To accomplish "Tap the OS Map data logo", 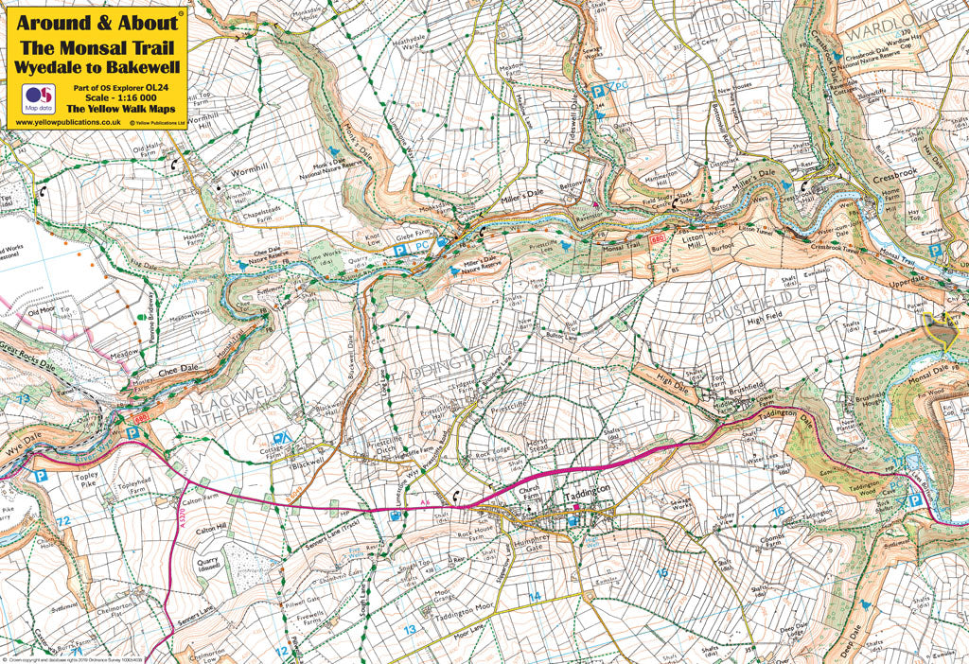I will click(x=39, y=98).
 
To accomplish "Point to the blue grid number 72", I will click(x=62, y=521).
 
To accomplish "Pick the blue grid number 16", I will click(x=779, y=512).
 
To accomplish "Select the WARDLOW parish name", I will click(x=885, y=34).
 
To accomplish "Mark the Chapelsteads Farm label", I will click(x=245, y=216).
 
